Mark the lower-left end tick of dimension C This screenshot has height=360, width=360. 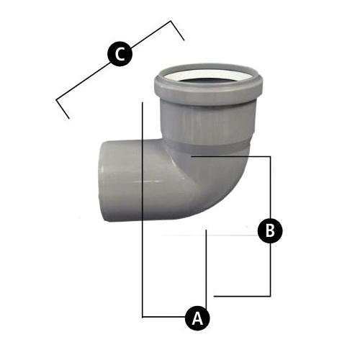click(x=63, y=108)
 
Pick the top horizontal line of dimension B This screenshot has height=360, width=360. click(x=230, y=156)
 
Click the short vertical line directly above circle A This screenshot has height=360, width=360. click(x=207, y=266)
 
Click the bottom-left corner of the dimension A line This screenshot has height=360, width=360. click(x=144, y=316)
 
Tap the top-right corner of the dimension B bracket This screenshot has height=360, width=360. click(x=270, y=156)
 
